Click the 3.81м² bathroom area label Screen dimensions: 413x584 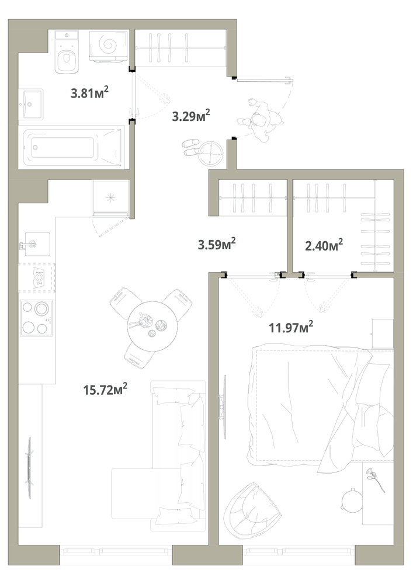(x=90, y=92)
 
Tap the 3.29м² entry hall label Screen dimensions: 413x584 (x=191, y=116)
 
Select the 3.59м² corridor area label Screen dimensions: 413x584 (x=217, y=244)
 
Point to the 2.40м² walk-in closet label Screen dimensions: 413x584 (x=324, y=245)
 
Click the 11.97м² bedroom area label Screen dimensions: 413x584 (x=291, y=328)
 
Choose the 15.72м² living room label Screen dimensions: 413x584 (x=106, y=390)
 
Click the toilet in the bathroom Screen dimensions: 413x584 (x=67, y=52)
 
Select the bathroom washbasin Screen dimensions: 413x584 (x=32, y=105)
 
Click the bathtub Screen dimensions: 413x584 (x=73, y=148)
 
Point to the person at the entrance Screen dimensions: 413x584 (x=261, y=120)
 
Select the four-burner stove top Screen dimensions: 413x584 (x=36, y=317)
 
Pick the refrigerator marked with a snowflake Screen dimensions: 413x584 (x=110, y=198)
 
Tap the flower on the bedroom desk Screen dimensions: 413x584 (x=375, y=479)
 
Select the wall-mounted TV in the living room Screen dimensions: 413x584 (x=29, y=468)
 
